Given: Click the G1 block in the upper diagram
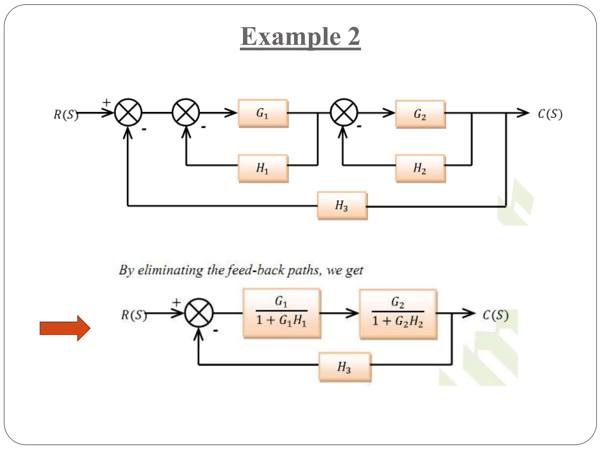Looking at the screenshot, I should (263, 113).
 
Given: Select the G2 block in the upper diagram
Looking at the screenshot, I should (420, 114).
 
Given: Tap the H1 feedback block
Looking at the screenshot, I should (263, 168).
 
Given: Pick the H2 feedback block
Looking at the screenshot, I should (420, 168).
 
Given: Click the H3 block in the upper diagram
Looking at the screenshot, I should (342, 206).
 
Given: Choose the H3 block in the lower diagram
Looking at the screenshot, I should (345, 367).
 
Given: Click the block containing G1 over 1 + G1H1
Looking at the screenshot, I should (281, 313).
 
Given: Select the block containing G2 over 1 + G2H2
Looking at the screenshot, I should (398, 314).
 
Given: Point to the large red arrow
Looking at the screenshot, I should (65, 328).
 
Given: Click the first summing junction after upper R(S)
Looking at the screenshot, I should (128, 112).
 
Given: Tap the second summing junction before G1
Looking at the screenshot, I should (186, 112).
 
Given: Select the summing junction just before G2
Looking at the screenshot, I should (344, 112).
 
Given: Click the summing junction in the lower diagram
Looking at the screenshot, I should (199, 313).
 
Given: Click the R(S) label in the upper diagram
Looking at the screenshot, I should (66, 115).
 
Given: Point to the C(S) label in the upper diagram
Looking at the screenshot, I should (550, 114).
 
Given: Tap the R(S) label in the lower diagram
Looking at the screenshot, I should (134, 315).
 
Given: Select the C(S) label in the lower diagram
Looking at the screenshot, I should (495, 315).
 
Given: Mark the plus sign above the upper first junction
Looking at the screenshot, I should (107, 102).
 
